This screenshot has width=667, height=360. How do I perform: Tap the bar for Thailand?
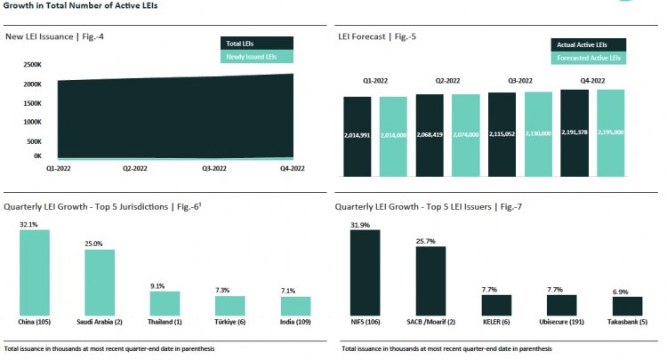(x=164, y=303)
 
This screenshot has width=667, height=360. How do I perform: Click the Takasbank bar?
(x=627, y=306)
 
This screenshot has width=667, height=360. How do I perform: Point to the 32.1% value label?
(x=29, y=224)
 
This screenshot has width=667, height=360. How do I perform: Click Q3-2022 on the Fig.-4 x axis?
(x=213, y=166)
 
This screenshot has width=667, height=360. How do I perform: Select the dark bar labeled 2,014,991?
(x=357, y=134)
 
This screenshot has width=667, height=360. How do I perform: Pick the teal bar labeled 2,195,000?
(x=611, y=132)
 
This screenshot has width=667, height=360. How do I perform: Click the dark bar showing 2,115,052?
(x=502, y=132)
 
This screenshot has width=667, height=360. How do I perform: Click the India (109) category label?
(x=296, y=322)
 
